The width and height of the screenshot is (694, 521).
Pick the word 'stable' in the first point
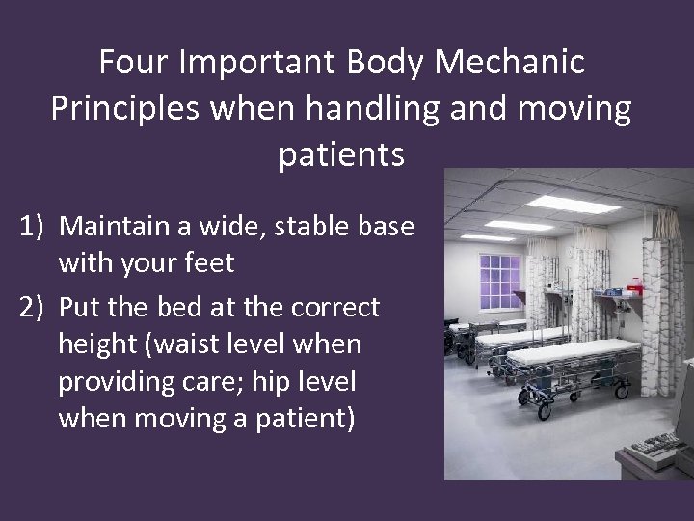[x=307, y=227]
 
